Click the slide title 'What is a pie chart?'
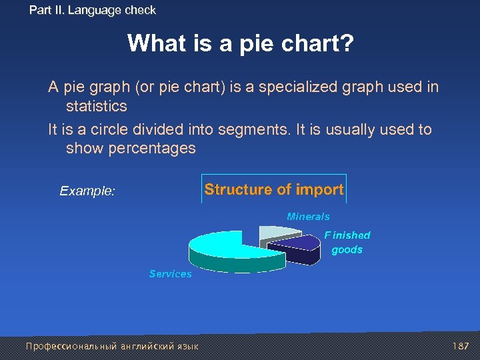point(240,44)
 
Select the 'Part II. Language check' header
point(93,10)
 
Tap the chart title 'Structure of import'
point(274,189)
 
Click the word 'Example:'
point(87,191)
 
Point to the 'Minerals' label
point(308,217)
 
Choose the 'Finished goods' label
point(347,243)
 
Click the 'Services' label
point(170,274)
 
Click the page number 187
point(460,346)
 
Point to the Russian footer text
point(112,346)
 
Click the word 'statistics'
point(96,107)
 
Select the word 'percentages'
point(131,148)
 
